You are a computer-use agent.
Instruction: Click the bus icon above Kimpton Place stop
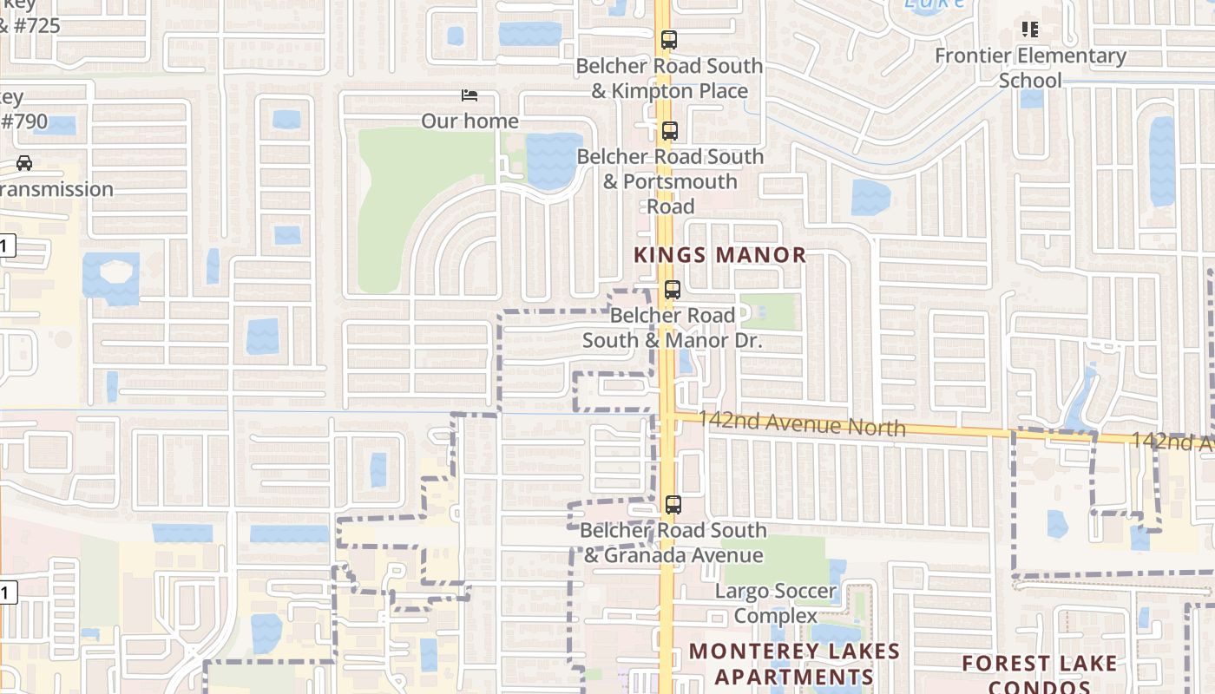(668, 40)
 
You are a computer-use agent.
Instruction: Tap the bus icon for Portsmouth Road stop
(669, 131)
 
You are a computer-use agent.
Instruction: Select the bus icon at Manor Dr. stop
(672, 290)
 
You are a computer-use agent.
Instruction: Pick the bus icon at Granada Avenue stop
(673, 504)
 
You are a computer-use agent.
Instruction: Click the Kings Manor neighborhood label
(719, 255)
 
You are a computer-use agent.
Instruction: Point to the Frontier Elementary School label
(1030, 68)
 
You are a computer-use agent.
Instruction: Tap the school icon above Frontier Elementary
(1030, 30)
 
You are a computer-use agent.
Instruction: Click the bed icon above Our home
(470, 95)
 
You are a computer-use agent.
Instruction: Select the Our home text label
(470, 121)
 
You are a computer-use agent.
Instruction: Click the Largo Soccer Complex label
(775, 604)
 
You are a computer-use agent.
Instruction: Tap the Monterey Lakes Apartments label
(782, 664)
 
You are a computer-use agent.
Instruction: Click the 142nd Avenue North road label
(790, 424)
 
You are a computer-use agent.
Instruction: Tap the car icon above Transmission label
(24, 163)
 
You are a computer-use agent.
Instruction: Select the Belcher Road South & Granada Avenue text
(673, 542)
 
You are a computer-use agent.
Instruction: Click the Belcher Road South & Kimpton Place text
(669, 78)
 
